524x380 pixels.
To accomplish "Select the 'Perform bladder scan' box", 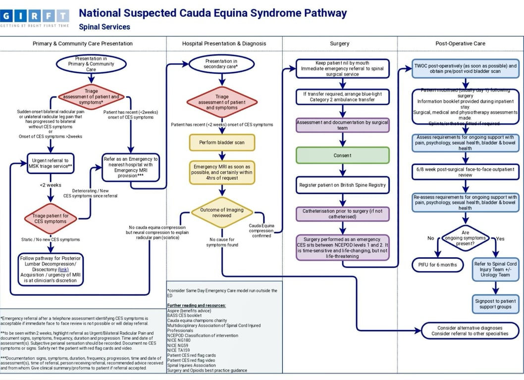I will [222, 142].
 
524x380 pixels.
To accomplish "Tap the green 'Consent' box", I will [342, 155].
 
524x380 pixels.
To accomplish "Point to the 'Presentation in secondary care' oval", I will [221, 64].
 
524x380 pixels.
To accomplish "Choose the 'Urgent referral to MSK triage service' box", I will [51, 163].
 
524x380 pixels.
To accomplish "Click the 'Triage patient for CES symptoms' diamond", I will [50, 218].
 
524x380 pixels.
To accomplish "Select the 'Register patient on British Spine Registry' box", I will [342, 185].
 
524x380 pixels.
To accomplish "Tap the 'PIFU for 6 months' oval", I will [437, 265].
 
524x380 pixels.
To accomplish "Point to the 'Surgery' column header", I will [340, 44].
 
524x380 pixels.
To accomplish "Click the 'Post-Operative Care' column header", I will [460, 44].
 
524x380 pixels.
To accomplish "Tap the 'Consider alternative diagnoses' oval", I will [470, 331].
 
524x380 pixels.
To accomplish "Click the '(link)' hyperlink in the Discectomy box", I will [63, 270].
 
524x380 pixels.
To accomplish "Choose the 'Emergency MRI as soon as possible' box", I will [222, 171].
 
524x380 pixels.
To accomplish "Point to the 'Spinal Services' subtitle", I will [105, 27].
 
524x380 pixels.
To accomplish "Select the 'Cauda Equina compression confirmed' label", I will [261, 230].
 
